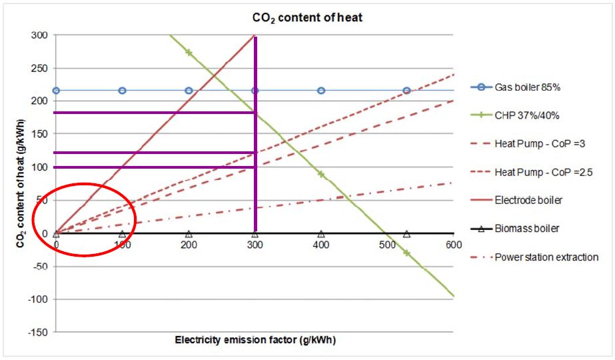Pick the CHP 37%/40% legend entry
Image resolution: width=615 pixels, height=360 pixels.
click(x=526, y=115)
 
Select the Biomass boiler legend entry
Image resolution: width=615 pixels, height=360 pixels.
click(x=526, y=228)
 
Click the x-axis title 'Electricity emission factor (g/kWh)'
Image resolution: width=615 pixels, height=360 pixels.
click(x=255, y=340)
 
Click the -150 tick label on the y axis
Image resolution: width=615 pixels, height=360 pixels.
click(x=39, y=332)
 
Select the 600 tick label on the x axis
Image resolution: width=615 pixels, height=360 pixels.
click(x=453, y=245)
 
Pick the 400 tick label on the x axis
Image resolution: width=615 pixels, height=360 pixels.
click(x=321, y=245)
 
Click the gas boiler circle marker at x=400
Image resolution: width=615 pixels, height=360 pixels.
click(x=321, y=91)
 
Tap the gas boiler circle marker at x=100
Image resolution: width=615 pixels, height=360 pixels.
click(x=122, y=91)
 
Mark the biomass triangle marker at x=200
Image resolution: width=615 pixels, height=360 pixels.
click(x=189, y=234)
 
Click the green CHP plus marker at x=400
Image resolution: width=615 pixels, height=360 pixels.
click(x=321, y=174)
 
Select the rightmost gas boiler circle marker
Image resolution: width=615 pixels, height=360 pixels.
click(x=406, y=91)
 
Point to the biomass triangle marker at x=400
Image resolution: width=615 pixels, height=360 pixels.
click(x=321, y=234)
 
